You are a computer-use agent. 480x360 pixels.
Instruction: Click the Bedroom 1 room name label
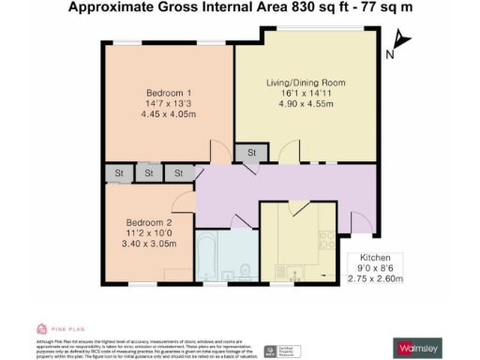pyautogui.click(x=169, y=92)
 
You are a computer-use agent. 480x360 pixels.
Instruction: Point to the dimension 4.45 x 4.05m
pyautogui.click(x=169, y=114)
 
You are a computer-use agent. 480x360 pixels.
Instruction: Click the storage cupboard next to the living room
pyautogui.click(x=249, y=153)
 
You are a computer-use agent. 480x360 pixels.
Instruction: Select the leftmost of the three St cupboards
pyautogui.click(x=120, y=172)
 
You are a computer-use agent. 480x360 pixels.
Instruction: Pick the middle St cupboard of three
pyautogui.click(x=149, y=172)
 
